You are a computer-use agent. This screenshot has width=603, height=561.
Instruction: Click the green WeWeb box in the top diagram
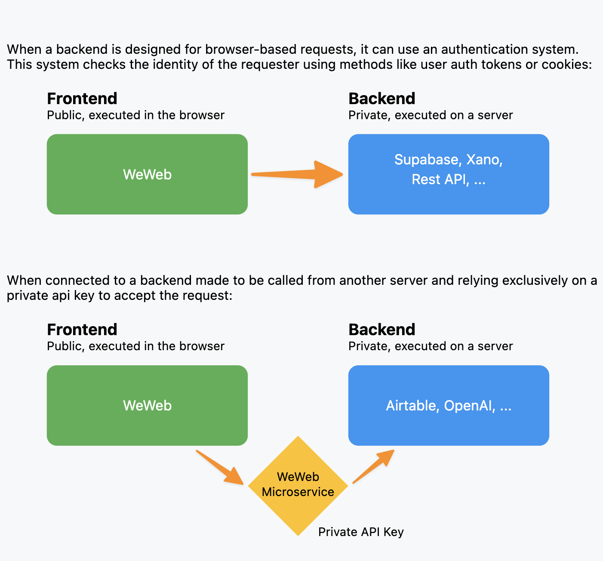(147, 174)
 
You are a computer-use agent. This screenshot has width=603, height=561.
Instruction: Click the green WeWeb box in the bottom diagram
(147, 405)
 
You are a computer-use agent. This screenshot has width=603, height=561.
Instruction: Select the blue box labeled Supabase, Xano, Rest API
(449, 174)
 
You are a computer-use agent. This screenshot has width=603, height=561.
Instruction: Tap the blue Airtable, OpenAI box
(449, 405)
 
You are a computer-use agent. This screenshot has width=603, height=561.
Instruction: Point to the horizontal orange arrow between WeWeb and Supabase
(297, 174)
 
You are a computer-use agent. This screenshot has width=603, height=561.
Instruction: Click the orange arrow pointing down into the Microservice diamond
(220, 468)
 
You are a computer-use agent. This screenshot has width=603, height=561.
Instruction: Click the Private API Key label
(361, 532)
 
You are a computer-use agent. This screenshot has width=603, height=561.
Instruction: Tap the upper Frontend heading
(82, 99)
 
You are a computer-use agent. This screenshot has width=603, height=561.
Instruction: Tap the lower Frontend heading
(82, 330)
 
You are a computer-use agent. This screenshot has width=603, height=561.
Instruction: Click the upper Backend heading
(381, 99)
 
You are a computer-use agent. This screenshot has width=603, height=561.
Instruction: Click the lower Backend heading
(381, 330)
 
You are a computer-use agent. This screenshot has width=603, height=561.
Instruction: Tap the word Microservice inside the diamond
(298, 492)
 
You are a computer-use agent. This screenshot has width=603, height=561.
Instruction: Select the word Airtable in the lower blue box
(412, 406)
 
